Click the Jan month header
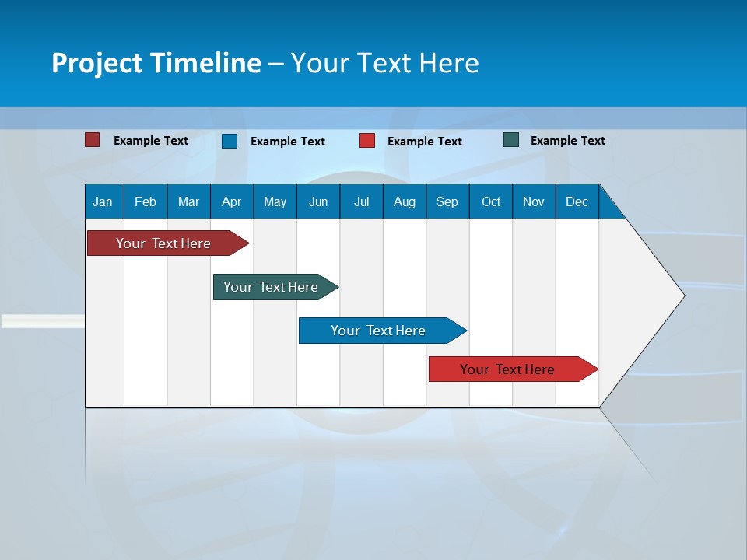tap(103, 201)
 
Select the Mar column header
tap(188, 201)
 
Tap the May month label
tap(275, 201)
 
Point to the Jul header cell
tap(361, 201)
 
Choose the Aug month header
tap(404, 201)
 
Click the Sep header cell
tap(447, 201)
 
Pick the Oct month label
tap(491, 201)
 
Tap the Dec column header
tap(577, 201)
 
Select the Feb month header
tap(146, 201)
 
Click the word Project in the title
tap(96, 63)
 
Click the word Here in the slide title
tap(449, 63)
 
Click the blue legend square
tap(230, 141)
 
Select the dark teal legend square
tap(511, 140)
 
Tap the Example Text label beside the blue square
tap(287, 142)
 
